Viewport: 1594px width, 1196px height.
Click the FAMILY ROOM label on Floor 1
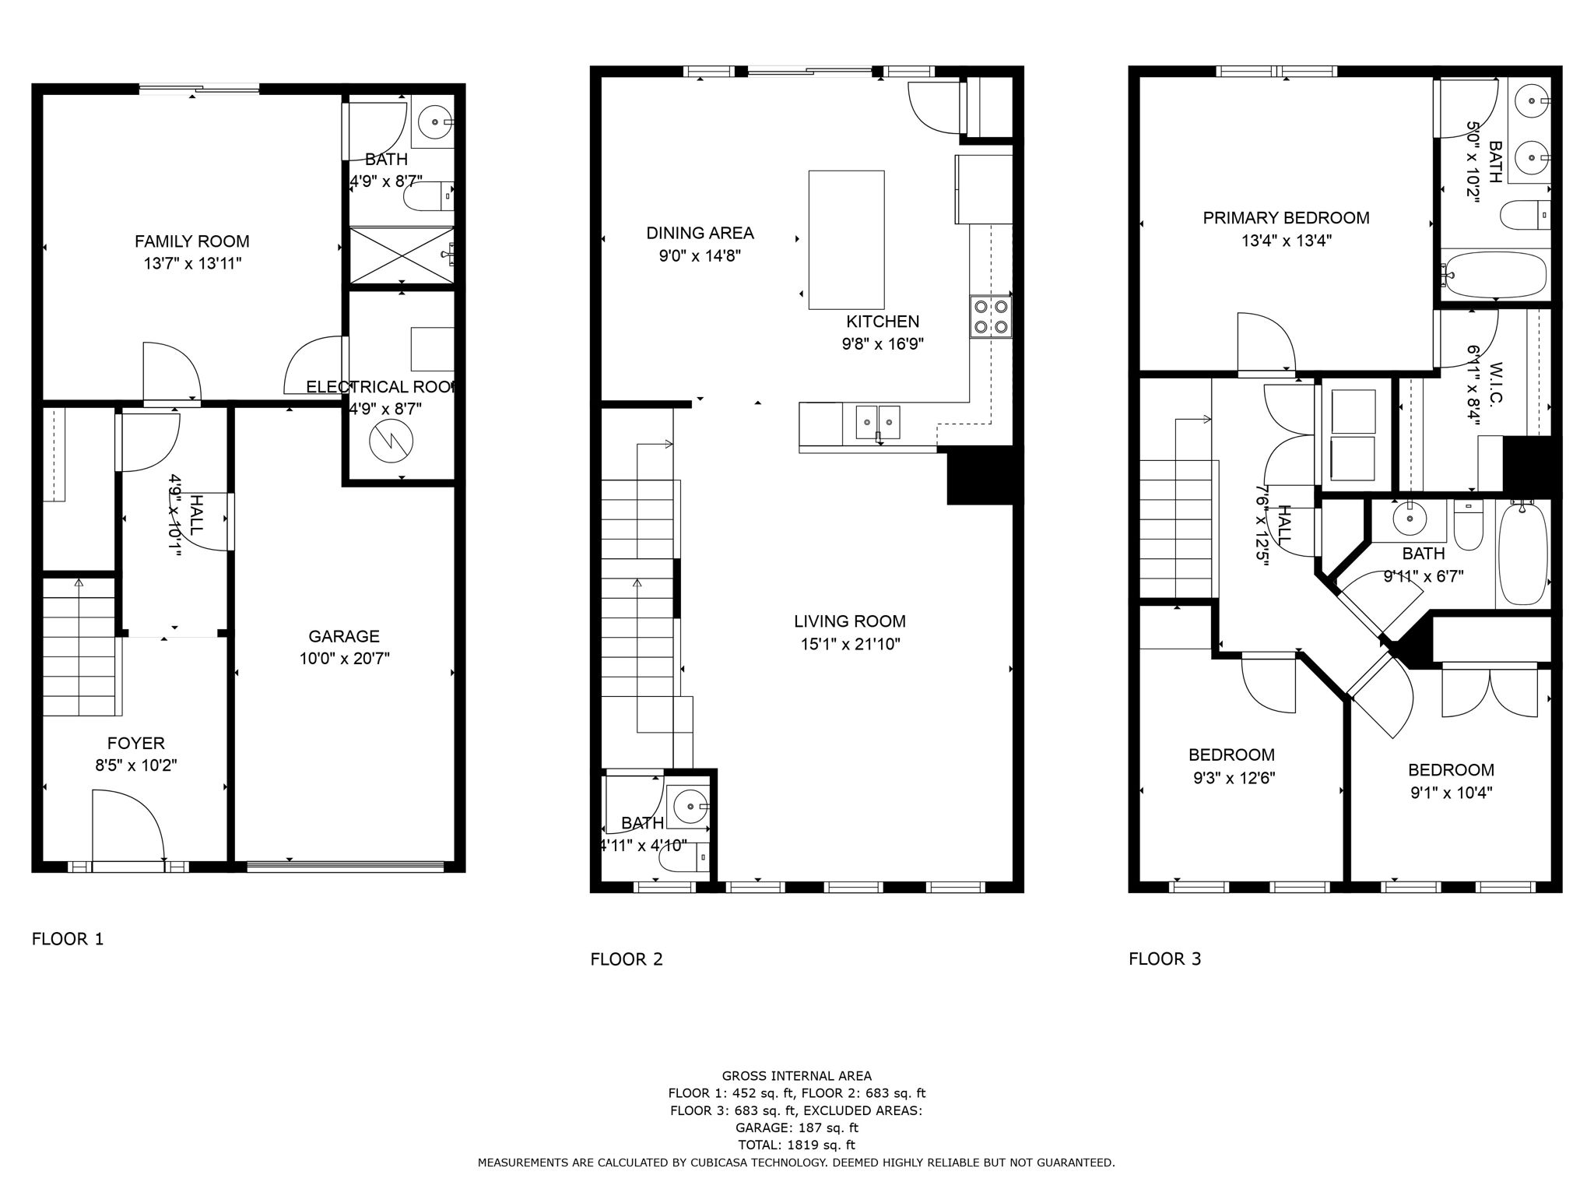click(x=191, y=241)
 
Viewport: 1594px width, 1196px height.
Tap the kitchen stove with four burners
click(x=991, y=317)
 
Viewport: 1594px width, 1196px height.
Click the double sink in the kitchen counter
click(x=878, y=423)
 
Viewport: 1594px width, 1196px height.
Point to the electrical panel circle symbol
click(x=391, y=442)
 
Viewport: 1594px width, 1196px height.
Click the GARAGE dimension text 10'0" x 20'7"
click(x=344, y=659)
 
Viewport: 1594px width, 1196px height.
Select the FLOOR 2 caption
click(x=626, y=959)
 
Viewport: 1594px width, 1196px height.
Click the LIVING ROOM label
click(x=849, y=621)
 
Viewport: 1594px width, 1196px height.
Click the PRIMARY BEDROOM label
click(x=1286, y=218)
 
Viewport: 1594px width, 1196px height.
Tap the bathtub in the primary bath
click(x=1494, y=274)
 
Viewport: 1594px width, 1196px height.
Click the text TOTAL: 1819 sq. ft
click(x=796, y=1145)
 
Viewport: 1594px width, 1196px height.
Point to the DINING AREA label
click(x=700, y=233)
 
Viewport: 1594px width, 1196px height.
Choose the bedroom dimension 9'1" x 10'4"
click(x=1451, y=793)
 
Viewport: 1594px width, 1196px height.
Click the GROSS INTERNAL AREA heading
click(x=796, y=1076)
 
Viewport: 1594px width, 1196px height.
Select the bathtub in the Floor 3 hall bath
click(x=1522, y=554)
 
